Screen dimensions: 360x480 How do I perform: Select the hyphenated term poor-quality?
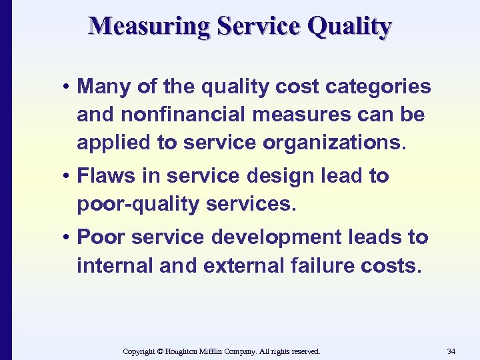point(139,205)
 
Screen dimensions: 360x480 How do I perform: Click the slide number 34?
point(451,351)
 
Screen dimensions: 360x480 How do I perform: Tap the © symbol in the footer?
point(160,351)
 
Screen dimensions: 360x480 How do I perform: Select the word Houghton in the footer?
point(184,351)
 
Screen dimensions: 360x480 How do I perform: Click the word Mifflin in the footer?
point(217,351)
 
